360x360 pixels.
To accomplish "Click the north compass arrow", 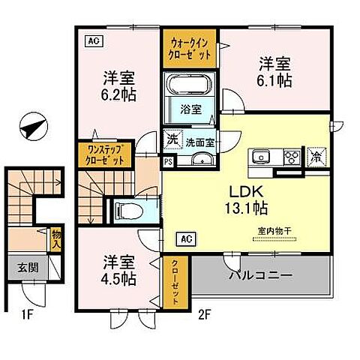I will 33,127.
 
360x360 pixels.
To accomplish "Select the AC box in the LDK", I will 184,239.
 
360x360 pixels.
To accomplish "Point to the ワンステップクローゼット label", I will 106,154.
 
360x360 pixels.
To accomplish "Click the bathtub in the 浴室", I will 189,87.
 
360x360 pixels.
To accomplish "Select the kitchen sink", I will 262,157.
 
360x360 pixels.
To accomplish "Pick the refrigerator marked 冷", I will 316,157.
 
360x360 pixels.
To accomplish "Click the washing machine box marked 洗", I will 172,140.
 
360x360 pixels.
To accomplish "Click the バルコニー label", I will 259,276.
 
